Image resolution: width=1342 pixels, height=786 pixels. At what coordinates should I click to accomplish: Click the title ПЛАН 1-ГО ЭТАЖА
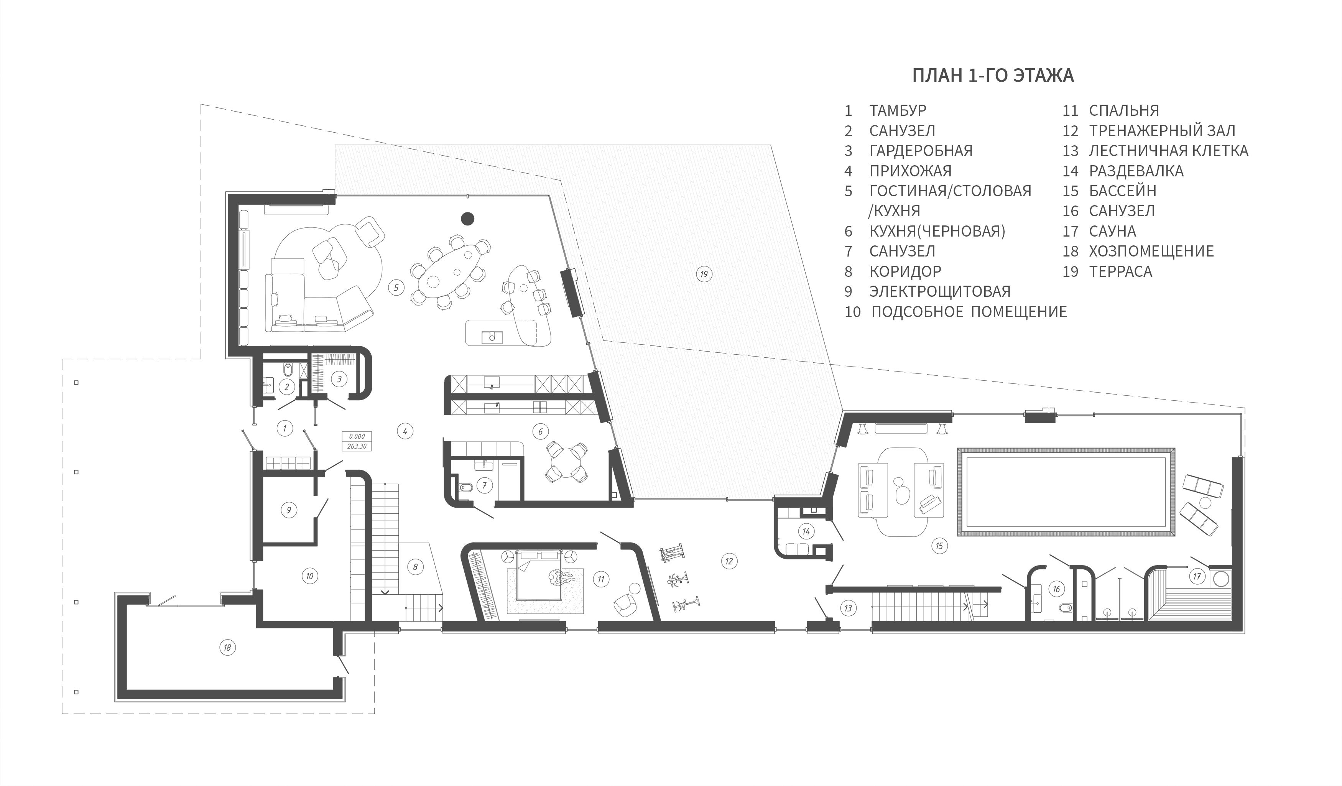(993, 76)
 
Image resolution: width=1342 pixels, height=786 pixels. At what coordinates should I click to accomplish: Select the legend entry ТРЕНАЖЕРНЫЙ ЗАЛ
(1162, 130)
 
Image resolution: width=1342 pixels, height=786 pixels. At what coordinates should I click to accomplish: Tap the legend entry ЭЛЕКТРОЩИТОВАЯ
(940, 291)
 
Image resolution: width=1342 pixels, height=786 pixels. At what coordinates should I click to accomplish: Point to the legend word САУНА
(1112, 231)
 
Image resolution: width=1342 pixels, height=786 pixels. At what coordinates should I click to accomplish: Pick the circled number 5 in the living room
(396, 288)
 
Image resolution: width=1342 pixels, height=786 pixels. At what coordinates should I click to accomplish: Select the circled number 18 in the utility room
(227, 648)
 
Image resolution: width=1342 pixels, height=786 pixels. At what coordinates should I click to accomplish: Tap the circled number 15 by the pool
(939, 546)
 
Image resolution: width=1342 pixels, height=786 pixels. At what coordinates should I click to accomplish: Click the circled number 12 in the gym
(729, 561)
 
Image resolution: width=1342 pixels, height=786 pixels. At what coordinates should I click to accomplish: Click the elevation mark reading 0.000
(357, 436)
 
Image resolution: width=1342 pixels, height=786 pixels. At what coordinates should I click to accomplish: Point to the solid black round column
(467, 218)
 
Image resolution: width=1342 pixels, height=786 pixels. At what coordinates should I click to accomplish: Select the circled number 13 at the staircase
(848, 608)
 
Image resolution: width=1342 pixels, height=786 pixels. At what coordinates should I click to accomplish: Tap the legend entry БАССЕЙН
(1123, 191)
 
